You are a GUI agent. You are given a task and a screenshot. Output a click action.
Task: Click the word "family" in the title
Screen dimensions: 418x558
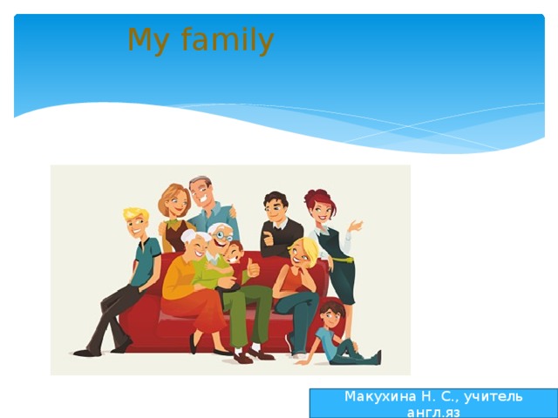pos(228,40)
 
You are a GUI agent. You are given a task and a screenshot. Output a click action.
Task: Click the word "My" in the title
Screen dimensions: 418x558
pos(146,40)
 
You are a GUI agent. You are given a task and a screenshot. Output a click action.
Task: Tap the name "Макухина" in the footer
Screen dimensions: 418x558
pos(379,396)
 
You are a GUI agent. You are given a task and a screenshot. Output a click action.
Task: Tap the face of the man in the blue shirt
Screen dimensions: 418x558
pos(201,192)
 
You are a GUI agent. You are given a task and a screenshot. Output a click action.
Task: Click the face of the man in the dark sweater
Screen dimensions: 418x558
pos(276,209)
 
